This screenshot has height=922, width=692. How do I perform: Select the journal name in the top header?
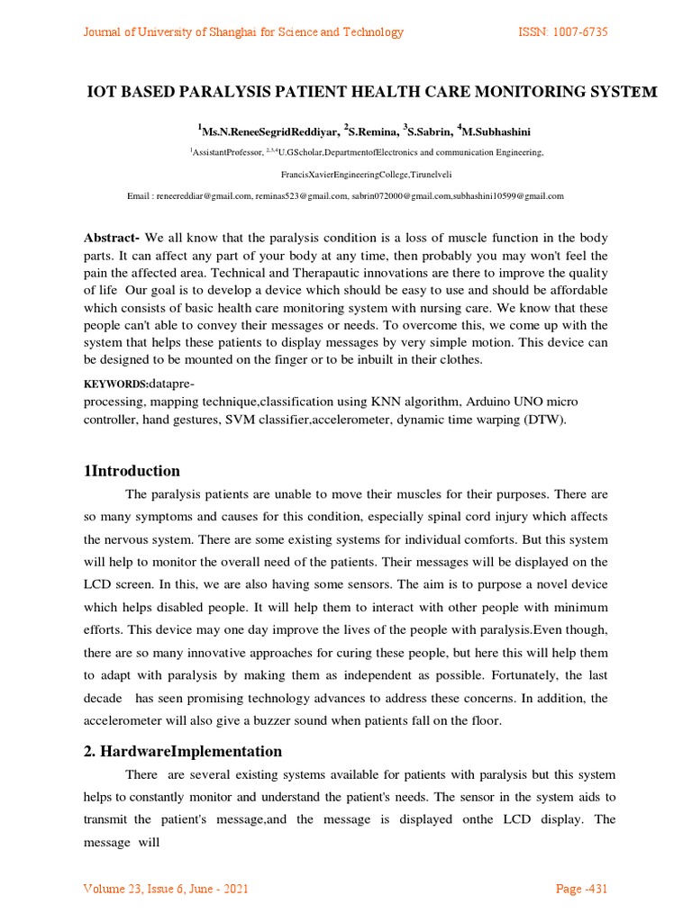pos(243,32)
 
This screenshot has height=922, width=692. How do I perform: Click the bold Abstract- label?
pos(112,238)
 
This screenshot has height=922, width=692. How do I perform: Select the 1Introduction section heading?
pos(132,471)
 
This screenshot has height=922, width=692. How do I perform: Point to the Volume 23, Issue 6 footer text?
pos(166,890)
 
